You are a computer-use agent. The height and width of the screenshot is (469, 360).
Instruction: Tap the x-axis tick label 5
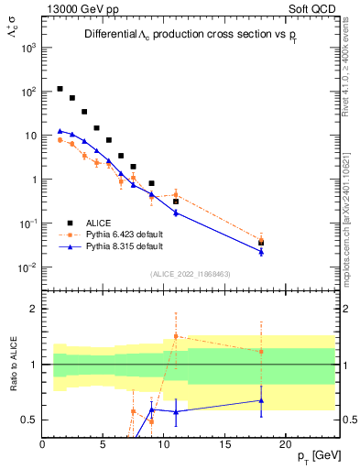coord(104,444)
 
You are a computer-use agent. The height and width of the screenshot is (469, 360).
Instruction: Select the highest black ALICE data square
coord(60,89)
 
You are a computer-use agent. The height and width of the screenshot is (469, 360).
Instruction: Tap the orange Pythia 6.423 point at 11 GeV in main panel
coord(176,195)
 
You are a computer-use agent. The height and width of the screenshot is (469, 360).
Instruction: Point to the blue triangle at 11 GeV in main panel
coord(176,213)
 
